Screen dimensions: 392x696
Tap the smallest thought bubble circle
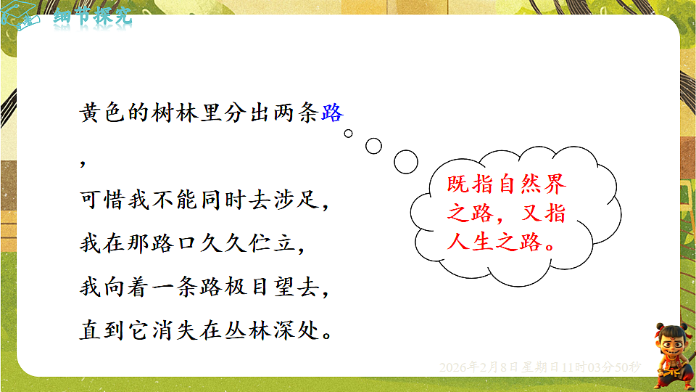click(348, 133)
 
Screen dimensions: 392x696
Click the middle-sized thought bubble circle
click(373, 145)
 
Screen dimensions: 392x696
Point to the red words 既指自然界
click(507, 184)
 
